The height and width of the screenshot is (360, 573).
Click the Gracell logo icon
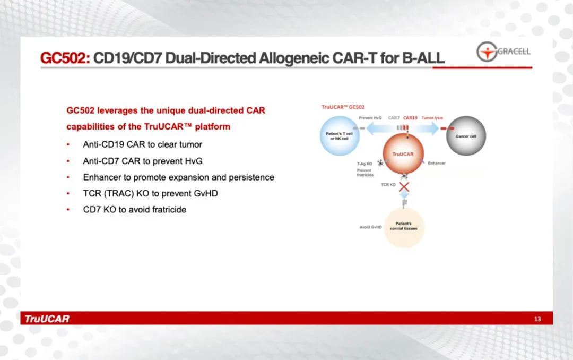[x=487, y=52]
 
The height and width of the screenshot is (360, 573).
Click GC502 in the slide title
[x=65, y=58]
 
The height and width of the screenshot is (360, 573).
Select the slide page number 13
[x=537, y=319]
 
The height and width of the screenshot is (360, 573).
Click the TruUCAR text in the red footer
[x=47, y=319]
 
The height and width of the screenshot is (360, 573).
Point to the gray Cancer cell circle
[x=466, y=136]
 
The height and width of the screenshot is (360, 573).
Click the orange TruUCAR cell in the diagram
[x=403, y=153]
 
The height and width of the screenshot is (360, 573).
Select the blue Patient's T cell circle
[x=340, y=136]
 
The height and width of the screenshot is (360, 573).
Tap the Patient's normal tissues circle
[x=404, y=228]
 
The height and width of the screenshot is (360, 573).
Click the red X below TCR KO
[x=404, y=187]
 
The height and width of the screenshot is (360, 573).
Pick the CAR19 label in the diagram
[x=410, y=118]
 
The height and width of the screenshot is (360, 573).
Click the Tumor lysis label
[x=432, y=118]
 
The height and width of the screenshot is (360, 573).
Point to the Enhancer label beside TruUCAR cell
[x=437, y=163]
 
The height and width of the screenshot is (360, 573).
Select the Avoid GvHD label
[x=370, y=227]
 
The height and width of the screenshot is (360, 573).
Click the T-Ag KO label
[x=364, y=164]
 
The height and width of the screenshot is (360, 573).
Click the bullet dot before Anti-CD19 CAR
[x=68, y=144]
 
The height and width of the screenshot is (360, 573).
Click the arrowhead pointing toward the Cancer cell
[x=435, y=128]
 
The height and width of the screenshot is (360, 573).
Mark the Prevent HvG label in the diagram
[x=370, y=118]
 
